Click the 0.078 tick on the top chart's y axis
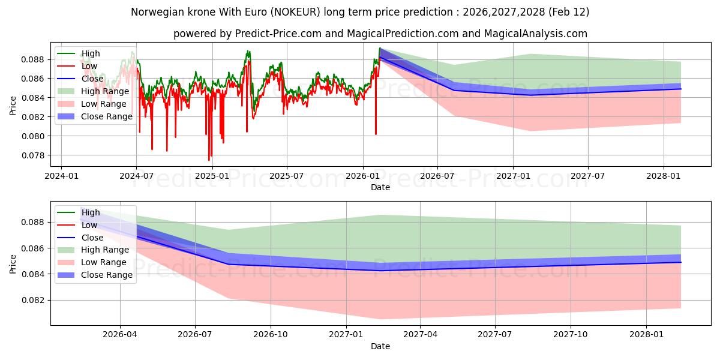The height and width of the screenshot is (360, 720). click(x=34, y=155)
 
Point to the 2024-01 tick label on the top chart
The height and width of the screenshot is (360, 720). click(x=62, y=176)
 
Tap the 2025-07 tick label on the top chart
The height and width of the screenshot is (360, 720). click(x=287, y=176)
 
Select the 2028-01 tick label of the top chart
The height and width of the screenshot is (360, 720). click(x=663, y=176)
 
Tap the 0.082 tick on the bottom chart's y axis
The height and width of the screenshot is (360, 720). click(x=34, y=300)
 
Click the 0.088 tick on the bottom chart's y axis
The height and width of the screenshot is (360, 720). click(x=34, y=222)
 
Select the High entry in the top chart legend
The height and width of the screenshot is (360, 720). click(x=91, y=53)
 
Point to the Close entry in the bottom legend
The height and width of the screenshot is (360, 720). click(x=92, y=238)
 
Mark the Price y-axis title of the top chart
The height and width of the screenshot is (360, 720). click(x=13, y=106)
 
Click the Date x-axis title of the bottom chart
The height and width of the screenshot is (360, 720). click(x=380, y=346)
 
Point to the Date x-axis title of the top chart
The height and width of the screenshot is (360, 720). click(x=380, y=187)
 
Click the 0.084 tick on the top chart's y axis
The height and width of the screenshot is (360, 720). click(x=34, y=98)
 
